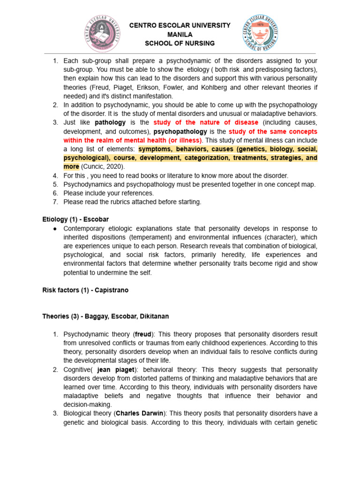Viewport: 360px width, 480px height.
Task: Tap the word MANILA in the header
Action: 180,34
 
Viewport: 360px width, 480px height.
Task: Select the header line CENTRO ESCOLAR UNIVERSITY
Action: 180,25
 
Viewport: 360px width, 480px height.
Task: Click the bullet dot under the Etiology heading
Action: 55,228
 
